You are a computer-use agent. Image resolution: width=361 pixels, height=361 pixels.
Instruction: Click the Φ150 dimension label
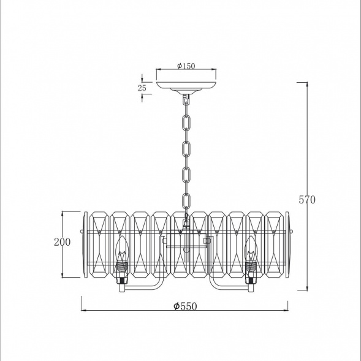tap(186, 66)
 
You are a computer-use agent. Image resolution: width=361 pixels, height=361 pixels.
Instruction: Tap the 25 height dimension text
tap(142, 88)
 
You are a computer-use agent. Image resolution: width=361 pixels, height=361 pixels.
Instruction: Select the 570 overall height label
tap(307, 200)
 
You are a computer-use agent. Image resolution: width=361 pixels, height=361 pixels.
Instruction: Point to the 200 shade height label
tap(62, 242)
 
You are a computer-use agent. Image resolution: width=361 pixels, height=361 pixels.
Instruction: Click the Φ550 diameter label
tap(185, 306)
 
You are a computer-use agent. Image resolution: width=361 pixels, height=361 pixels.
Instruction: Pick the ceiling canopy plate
tap(186, 86)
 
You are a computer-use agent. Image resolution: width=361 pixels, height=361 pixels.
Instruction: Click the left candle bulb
tap(122, 249)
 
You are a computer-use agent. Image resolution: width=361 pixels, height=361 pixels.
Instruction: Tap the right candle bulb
tap(251, 249)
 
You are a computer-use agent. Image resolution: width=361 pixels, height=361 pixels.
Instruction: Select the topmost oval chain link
tap(186, 123)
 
